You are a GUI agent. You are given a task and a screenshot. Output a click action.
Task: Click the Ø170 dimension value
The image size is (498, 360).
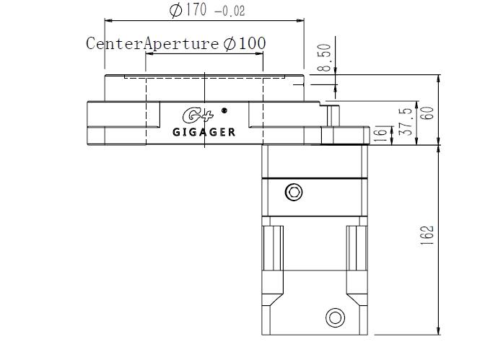click(x=188, y=10)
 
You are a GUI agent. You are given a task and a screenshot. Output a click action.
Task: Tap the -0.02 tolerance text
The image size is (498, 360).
click(x=230, y=12)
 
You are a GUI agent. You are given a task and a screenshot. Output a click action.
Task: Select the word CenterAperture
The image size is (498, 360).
click(x=152, y=43)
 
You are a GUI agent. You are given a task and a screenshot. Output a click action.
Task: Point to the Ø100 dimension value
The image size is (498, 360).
click(x=244, y=43)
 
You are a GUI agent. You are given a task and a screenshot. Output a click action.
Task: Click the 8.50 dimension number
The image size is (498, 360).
click(x=325, y=58)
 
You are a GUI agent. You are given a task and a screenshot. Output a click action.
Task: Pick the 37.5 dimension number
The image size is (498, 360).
click(x=407, y=122)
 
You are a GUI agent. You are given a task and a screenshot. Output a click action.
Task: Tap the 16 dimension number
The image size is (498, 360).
click(x=382, y=134)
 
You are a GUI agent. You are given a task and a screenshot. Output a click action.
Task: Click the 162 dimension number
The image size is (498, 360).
click(x=427, y=235)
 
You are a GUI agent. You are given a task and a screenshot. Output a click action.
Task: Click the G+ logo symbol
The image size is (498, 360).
click(x=198, y=115)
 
